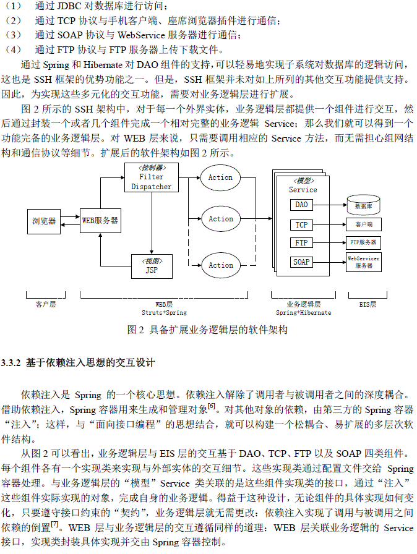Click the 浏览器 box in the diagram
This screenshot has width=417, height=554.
click(44, 220)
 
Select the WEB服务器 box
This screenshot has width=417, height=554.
click(100, 220)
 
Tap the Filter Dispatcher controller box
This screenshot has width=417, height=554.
click(152, 177)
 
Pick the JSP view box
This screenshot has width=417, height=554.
click(152, 266)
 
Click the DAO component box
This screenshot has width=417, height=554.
click(301, 205)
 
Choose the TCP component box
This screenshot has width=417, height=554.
click(301, 224)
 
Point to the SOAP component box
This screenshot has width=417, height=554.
click(301, 262)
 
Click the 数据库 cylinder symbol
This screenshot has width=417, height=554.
click(363, 204)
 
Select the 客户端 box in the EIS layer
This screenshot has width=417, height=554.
click(363, 224)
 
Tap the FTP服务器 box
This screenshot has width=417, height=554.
click(363, 243)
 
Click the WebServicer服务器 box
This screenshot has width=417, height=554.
click(363, 262)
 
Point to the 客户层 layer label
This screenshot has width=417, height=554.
click(45, 304)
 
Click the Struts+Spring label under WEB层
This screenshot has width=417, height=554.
click(164, 313)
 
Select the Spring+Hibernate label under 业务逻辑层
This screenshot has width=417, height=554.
click(303, 313)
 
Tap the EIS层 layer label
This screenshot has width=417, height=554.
click(368, 304)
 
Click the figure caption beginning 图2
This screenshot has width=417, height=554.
click(208, 330)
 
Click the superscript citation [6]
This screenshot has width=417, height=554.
click(212, 406)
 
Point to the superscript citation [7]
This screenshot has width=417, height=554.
click(55, 524)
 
